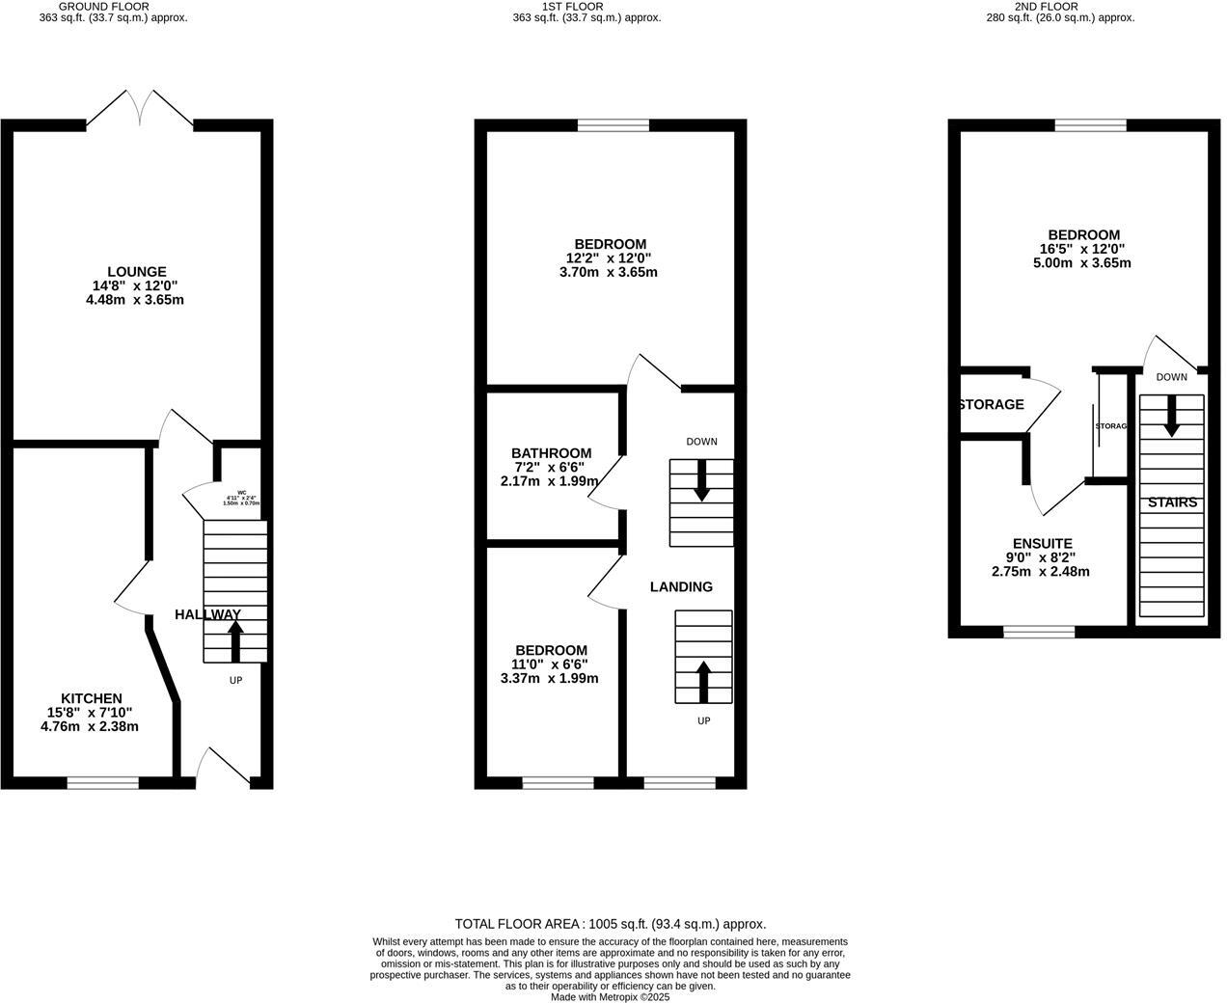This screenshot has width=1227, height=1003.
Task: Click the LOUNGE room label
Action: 136,272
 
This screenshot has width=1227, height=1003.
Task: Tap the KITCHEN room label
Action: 92,698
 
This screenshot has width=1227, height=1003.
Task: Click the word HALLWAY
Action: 207,614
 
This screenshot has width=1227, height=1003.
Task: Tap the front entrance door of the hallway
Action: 223,767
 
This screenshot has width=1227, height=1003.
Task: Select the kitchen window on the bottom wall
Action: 102,783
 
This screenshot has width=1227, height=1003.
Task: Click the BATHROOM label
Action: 551,453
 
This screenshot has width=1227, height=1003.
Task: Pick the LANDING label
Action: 681,586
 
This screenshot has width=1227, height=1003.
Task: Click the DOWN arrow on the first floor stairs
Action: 701,480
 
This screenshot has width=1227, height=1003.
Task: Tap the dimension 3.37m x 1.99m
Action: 549,678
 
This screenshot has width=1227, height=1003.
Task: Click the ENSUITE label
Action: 1042,544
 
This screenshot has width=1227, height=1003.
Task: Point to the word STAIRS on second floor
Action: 1172,502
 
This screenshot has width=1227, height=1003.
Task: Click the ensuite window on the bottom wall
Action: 1039,632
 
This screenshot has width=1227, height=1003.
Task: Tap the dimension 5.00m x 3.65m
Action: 1083,263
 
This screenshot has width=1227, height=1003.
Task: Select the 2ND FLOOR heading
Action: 1059,6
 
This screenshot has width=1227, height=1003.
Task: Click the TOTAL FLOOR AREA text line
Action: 610,924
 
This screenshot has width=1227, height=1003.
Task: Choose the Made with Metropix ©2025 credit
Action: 610,997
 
